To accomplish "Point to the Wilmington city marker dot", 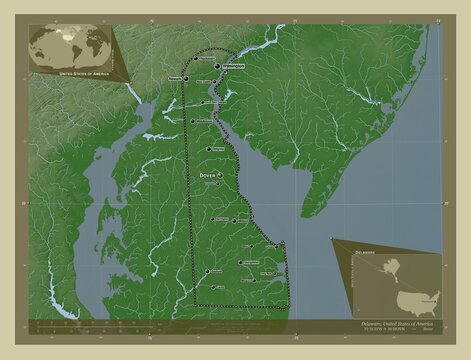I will [x=218, y=66].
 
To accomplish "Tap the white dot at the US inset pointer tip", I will [x=331, y=238].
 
